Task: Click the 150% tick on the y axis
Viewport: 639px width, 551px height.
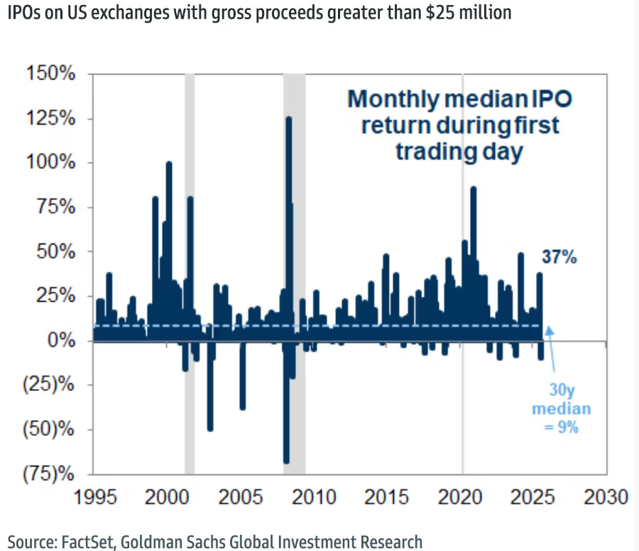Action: [x=51, y=74]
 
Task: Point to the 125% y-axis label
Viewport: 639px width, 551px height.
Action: [x=51, y=119]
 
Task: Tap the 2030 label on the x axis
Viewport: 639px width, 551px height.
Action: [x=605, y=496]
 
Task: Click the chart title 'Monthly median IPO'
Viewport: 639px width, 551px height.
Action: [x=459, y=99]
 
